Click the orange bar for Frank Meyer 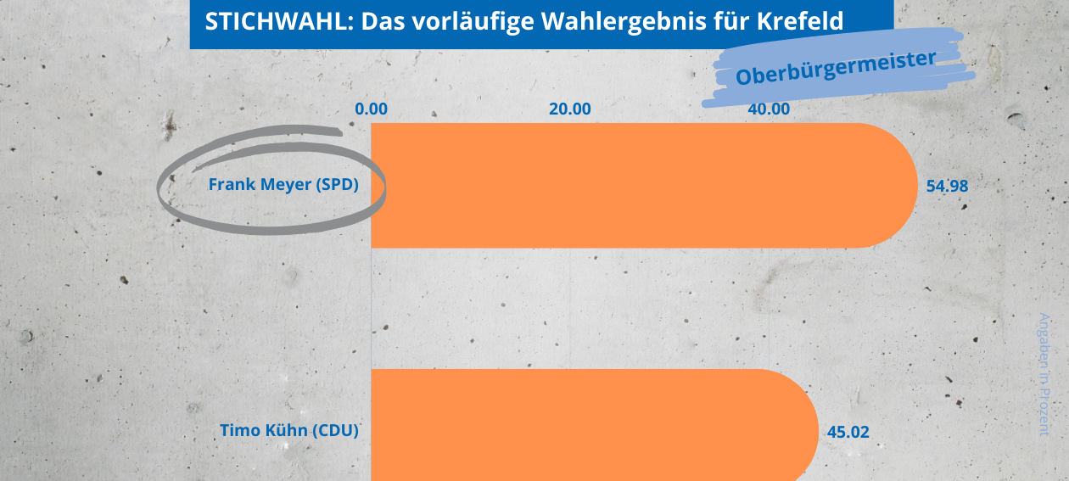pyautogui.click(x=643, y=185)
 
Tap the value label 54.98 pyautogui.click(x=947, y=186)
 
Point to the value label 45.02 pyautogui.click(x=848, y=432)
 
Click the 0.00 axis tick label pyautogui.click(x=372, y=109)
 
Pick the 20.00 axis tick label pyautogui.click(x=570, y=109)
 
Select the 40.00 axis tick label pyautogui.click(x=769, y=109)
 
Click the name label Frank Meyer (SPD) pyautogui.click(x=283, y=185)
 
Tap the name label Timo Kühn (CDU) pyautogui.click(x=289, y=430)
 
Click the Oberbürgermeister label pyautogui.click(x=835, y=67)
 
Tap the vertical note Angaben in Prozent pyautogui.click(x=1044, y=374)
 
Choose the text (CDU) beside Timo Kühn pyautogui.click(x=335, y=430)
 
